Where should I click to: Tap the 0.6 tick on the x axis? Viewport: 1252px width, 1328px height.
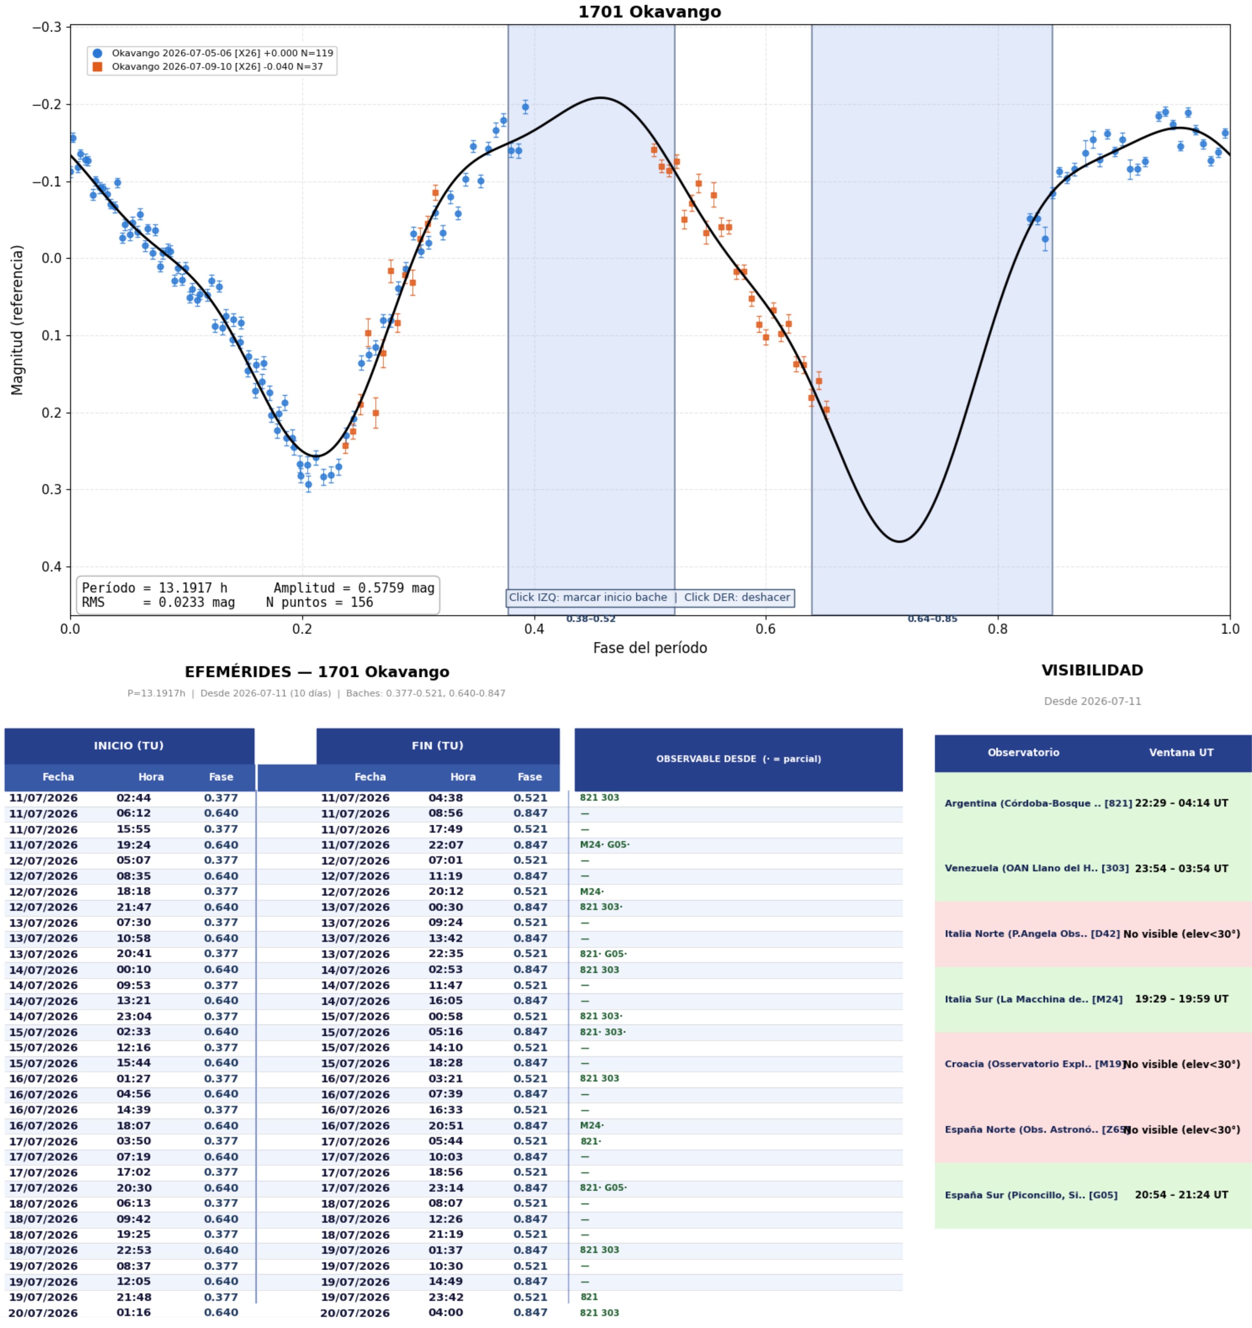[x=766, y=629]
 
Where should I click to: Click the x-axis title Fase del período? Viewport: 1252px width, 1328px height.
[x=649, y=647]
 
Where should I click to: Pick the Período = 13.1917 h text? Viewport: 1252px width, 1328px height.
[x=154, y=588]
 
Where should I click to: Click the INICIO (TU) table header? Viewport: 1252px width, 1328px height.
[x=129, y=745]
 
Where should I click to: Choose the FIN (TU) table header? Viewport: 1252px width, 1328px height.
[x=438, y=745]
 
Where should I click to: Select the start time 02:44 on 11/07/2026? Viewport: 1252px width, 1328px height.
[x=134, y=797]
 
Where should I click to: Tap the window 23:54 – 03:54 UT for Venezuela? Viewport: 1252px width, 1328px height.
[x=1181, y=868]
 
